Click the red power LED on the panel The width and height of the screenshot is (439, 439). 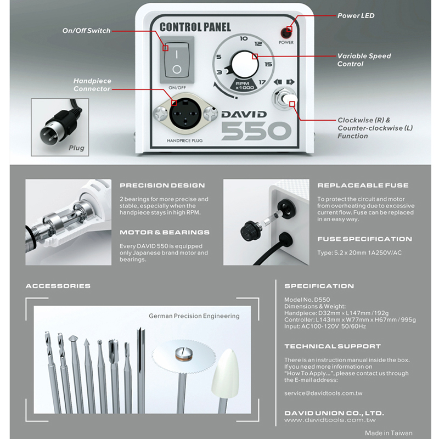tap(286, 33)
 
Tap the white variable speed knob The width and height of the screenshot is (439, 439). tap(244, 64)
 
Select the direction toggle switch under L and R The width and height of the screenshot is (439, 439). tap(285, 98)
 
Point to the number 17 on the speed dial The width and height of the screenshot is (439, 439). tap(262, 82)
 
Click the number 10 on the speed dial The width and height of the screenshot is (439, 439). tap(244, 38)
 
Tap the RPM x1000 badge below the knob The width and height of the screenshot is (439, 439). tap(243, 85)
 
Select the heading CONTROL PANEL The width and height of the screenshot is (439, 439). tap(195, 27)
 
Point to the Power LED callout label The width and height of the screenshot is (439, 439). tap(356, 16)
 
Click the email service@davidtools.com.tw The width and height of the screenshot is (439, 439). tap(323, 393)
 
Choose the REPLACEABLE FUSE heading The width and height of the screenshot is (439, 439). tap(363, 185)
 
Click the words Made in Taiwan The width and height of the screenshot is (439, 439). tap(389, 433)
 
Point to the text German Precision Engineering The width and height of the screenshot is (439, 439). tap(194, 316)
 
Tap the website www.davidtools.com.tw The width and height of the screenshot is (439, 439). tap(330, 420)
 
